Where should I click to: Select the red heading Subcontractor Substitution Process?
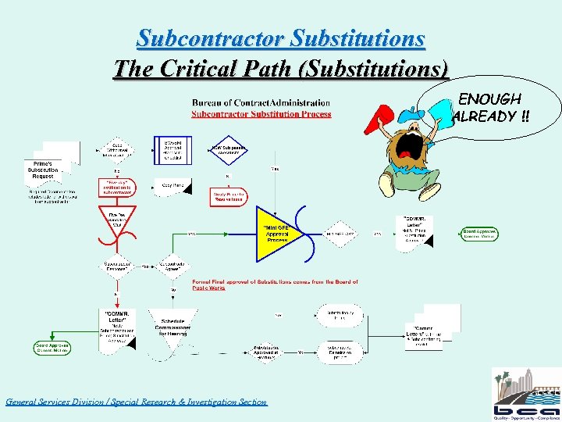261,114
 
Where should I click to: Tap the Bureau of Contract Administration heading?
261,102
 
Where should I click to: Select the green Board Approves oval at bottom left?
53,348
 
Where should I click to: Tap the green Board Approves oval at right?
480,234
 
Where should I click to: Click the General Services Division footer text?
136,402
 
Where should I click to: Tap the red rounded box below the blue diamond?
226,196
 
